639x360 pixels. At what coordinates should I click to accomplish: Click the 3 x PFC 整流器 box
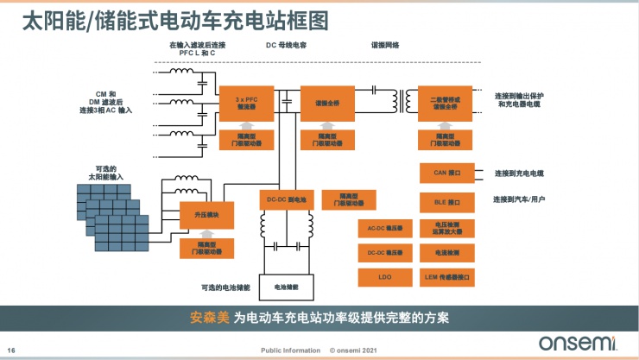click(x=246, y=103)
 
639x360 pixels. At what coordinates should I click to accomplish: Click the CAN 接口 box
click(x=446, y=174)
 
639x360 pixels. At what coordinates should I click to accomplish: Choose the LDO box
click(x=380, y=277)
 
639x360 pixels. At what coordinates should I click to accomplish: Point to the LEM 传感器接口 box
click(x=446, y=277)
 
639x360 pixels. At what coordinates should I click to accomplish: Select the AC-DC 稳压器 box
click(x=380, y=228)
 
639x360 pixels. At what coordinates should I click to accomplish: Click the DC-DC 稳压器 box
click(x=380, y=253)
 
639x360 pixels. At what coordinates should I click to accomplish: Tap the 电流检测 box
click(x=446, y=253)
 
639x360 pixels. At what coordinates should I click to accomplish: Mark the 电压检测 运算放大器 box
click(x=446, y=228)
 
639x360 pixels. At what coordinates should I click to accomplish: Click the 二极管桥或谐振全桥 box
click(x=445, y=103)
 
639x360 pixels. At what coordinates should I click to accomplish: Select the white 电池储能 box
click(x=286, y=285)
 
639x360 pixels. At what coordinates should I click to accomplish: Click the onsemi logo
click(x=582, y=343)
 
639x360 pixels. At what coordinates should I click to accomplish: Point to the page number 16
click(x=12, y=350)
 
